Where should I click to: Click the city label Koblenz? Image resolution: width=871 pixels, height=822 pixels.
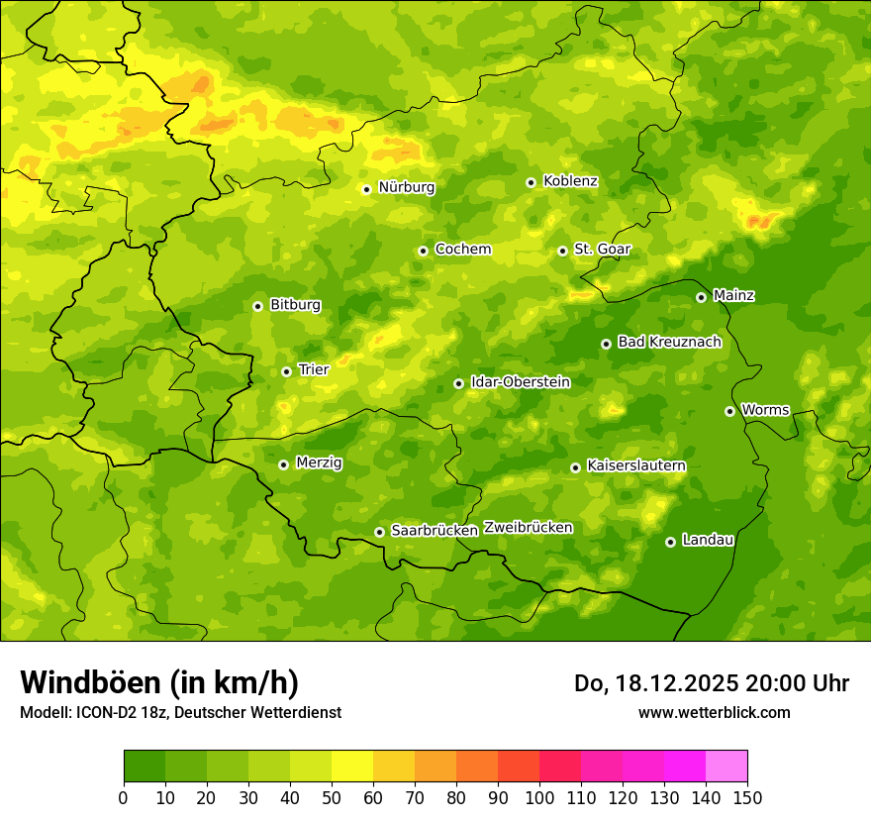tap(570, 181)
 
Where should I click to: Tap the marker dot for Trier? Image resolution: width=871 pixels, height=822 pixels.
tap(286, 371)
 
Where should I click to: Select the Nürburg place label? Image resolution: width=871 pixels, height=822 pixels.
tap(406, 187)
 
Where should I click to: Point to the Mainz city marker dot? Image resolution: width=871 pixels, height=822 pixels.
tap(701, 297)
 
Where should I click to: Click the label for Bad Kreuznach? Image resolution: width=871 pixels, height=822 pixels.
tap(669, 342)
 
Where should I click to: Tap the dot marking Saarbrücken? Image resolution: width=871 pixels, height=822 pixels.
tap(379, 532)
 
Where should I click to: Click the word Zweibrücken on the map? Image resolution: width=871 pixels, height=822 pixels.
tap(528, 528)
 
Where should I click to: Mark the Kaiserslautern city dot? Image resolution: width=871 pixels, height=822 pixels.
tap(575, 467)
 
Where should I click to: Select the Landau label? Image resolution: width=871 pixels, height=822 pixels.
tap(708, 540)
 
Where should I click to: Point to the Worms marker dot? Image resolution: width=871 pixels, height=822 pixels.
tap(729, 411)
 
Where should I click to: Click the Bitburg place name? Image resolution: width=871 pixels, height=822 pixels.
tap(295, 305)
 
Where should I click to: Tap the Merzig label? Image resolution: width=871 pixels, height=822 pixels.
tap(319, 462)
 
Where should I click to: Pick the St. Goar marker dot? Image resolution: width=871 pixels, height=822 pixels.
tap(562, 251)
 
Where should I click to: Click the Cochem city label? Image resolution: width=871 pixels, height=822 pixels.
tap(462, 250)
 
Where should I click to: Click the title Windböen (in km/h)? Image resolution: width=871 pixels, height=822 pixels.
tap(159, 682)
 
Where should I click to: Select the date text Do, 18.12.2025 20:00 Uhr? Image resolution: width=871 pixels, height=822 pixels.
tap(712, 683)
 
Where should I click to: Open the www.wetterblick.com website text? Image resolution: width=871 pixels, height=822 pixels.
tap(714, 712)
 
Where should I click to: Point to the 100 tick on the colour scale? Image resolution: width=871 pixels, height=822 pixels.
tap(539, 797)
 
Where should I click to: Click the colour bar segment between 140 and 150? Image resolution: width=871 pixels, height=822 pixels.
tap(726, 766)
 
